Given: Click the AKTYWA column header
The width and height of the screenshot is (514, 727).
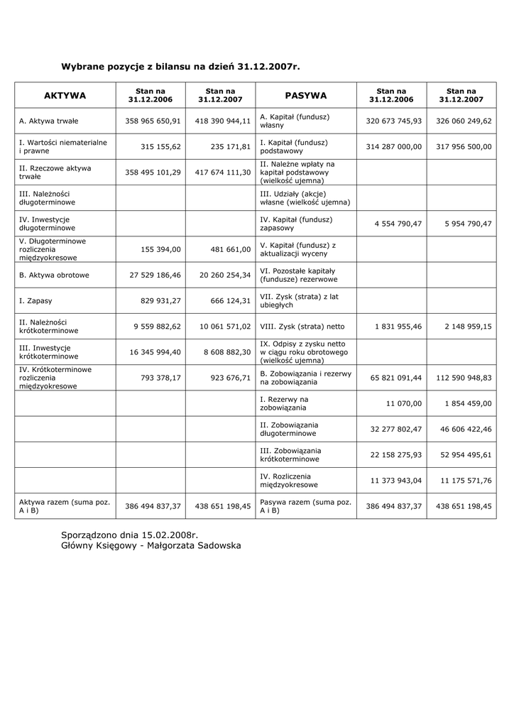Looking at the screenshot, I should (65, 95).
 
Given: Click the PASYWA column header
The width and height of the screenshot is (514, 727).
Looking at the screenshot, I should (306, 95).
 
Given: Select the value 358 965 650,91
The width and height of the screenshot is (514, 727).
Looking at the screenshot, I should (153, 121).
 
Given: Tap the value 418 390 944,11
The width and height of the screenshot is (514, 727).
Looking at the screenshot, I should (223, 121).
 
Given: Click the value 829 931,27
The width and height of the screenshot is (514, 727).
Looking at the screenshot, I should (160, 300).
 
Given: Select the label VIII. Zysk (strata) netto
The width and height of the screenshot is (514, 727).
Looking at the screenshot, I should (302, 326).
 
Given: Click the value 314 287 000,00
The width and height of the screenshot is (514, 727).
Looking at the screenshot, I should (394, 146).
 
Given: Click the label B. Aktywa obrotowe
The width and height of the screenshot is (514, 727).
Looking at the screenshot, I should (54, 275).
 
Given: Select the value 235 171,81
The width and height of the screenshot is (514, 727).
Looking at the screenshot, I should (231, 146).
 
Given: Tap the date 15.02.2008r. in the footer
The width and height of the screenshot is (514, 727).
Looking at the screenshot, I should (170, 533).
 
